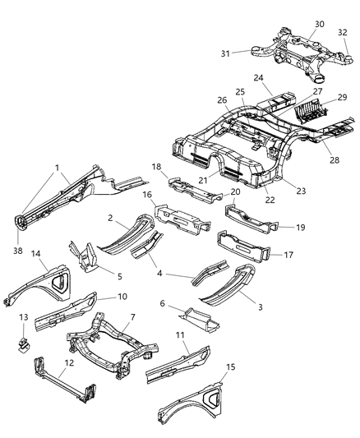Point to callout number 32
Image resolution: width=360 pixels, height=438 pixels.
point(341,32)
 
